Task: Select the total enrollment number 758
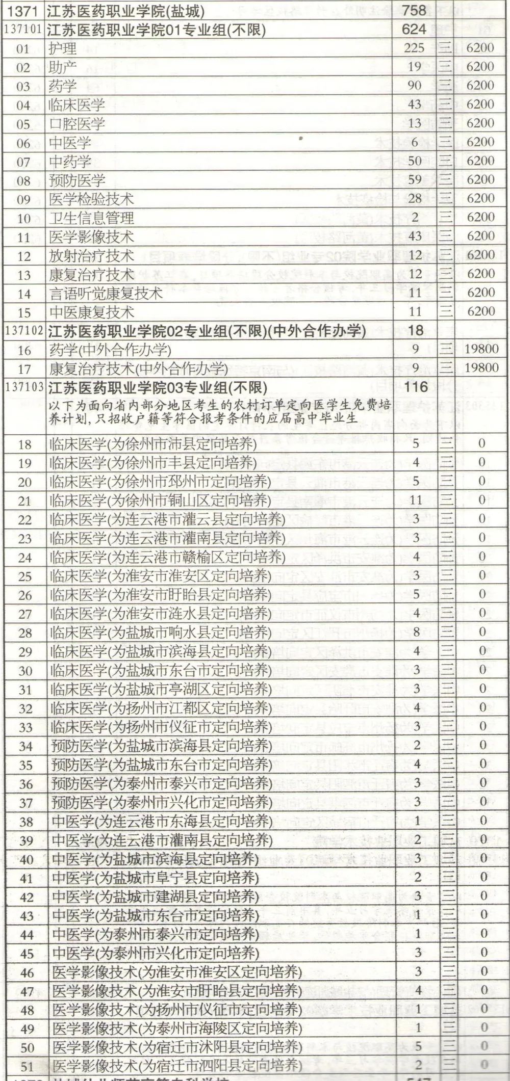click(414, 10)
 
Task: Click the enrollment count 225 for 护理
click(414, 48)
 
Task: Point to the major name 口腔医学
click(77, 123)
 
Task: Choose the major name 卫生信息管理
click(91, 218)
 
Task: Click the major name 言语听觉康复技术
click(106, 293)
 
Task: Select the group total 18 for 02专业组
click(416, 330)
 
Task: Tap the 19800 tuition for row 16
click(481, 349)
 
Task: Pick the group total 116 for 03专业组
click(416, 387)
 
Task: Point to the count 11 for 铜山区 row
click(416, 500)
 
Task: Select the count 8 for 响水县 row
click(416, 632)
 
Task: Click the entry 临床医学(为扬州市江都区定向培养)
click(161, 708)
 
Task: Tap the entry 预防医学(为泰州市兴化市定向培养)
click(161, 802)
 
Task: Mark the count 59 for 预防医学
click(414, 179)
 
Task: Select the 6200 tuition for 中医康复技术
click(480, 311)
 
